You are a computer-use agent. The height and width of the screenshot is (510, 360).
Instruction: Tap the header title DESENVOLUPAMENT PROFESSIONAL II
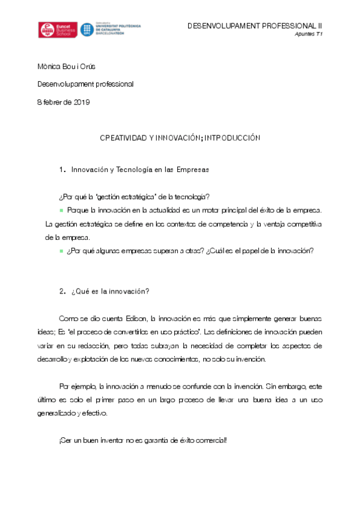click(x=255, y=26)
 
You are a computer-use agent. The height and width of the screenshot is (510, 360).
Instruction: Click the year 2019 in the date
click(x=81, y=102)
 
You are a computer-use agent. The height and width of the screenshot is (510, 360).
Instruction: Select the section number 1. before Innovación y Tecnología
click(x=62, y=170)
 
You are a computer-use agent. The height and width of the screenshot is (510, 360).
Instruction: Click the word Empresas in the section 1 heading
click(x=193, y=170)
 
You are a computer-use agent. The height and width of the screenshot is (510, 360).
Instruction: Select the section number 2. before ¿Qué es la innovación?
click(x=62, y=292)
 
